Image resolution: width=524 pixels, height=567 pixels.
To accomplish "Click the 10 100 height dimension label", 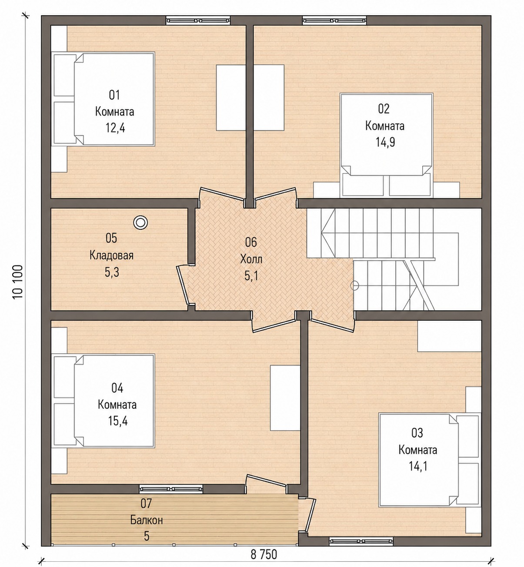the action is pos(18,282).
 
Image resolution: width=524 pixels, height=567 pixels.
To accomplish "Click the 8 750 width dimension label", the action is pos(264,555).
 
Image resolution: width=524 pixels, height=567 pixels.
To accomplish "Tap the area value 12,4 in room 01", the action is pos(115,128).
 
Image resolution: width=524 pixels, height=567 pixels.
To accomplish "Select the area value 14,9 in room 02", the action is pos(385,142).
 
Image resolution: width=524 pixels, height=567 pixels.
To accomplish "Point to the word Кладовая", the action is pos(111,255).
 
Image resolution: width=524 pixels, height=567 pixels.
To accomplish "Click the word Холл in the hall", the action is pos(251,259).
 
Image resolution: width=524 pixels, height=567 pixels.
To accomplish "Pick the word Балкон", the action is pos(147,520).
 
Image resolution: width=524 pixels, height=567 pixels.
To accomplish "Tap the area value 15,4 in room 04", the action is pos(117,421).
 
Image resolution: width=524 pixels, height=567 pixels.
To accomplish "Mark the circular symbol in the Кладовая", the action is pos(140,222).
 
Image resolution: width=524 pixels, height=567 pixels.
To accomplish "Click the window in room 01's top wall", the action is pos(198,20).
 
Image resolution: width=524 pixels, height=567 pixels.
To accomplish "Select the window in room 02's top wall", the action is pos(334,20).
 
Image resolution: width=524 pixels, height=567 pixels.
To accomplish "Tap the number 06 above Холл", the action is pos(251,242).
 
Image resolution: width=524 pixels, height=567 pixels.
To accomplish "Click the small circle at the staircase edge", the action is pos(355,285).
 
